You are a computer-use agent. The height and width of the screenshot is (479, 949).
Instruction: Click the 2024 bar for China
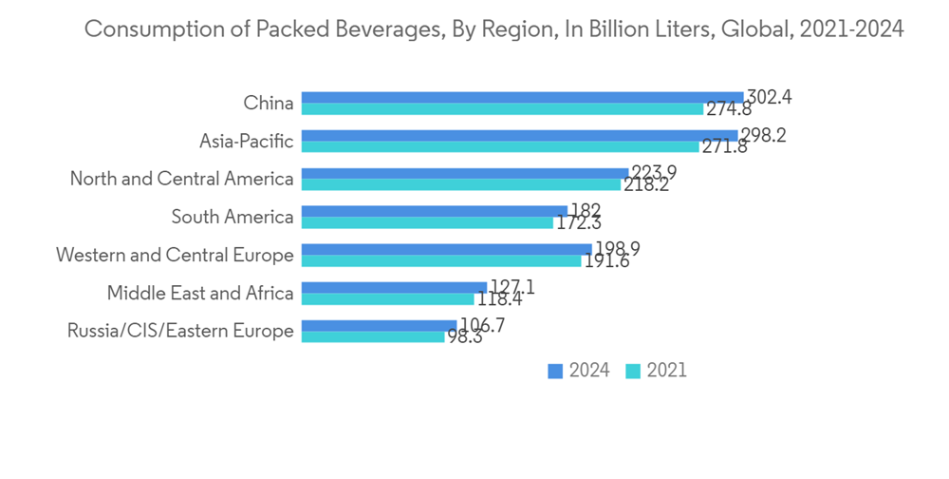[522, 97]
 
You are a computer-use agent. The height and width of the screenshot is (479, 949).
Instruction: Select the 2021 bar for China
[502, 109]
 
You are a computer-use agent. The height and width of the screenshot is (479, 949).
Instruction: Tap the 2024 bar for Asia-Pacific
[519, 135]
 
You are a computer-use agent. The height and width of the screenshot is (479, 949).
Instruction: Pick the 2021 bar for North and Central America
[460, 185]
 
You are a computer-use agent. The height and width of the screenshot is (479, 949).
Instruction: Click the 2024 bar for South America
[434, 211]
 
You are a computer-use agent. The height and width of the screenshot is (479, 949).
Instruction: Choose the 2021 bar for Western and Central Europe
[441, 261]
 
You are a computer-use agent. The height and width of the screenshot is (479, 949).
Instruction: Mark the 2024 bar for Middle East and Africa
[394, 287]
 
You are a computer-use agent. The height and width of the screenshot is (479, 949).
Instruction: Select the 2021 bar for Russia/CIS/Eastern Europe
[373, 337]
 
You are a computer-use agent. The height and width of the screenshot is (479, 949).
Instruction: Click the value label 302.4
[770, 97]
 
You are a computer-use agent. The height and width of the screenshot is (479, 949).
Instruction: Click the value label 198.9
[617, 249]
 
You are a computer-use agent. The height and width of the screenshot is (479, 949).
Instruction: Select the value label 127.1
[512, 287]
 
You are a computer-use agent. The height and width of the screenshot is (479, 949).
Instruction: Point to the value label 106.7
[482, 325]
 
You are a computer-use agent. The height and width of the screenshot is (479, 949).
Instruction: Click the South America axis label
[233, 218]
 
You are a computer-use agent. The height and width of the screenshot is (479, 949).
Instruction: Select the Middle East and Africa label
[200, 294]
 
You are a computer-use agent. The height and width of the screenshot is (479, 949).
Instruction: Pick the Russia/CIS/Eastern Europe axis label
[180, 332]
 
